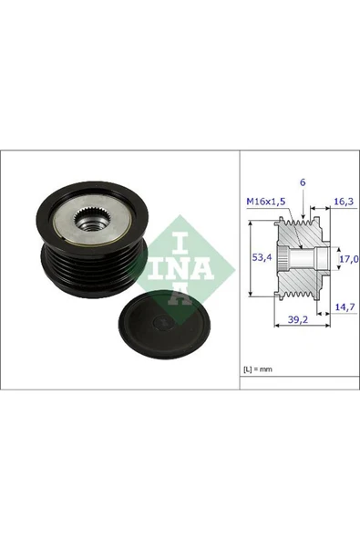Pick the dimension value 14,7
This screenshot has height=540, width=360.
(343, 309)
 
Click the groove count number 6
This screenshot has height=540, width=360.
(303, 182)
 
